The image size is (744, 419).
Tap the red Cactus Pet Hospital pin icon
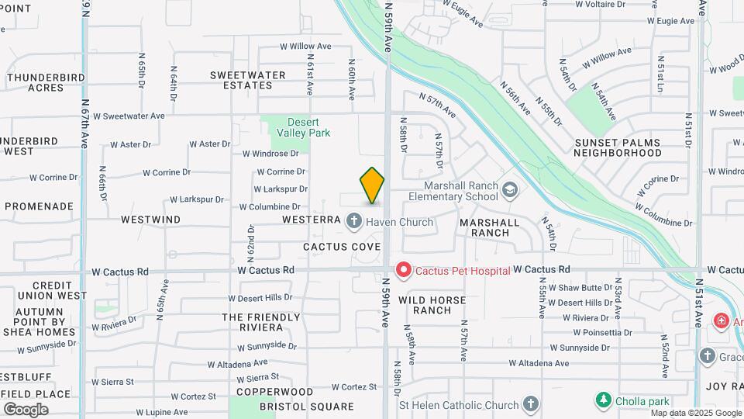point(403,269)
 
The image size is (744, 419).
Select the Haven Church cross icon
point(354,222)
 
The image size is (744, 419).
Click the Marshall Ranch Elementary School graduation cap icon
point(509,189)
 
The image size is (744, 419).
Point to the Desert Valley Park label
point(308,127)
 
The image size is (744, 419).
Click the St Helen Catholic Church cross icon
point(530,403)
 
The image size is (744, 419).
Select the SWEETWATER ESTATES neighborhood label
point(248,80)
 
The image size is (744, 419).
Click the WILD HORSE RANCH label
point(432,305)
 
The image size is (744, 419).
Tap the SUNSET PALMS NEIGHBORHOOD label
point(618,147)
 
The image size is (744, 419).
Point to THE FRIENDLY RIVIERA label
point(260,322)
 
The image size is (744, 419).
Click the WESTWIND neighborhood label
point(151,220)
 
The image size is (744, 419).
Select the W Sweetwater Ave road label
point(129,116)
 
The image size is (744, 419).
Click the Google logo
point(26,410)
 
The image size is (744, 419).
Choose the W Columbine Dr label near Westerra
point(269,207)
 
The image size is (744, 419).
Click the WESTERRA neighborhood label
point(312,220)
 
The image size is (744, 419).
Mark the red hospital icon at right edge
point(721,320)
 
